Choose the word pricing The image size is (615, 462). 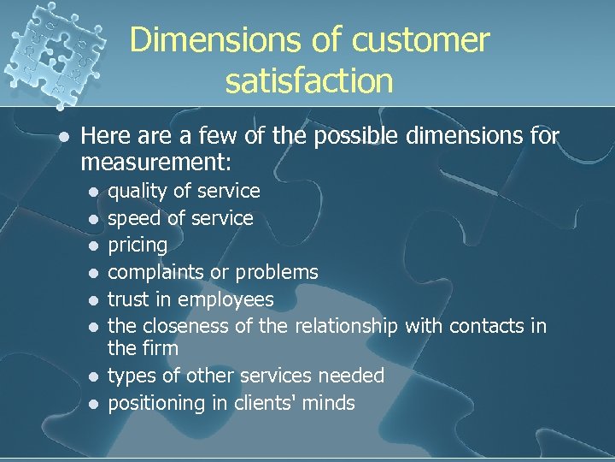(138, 246)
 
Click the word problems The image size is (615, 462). (277, 272)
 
